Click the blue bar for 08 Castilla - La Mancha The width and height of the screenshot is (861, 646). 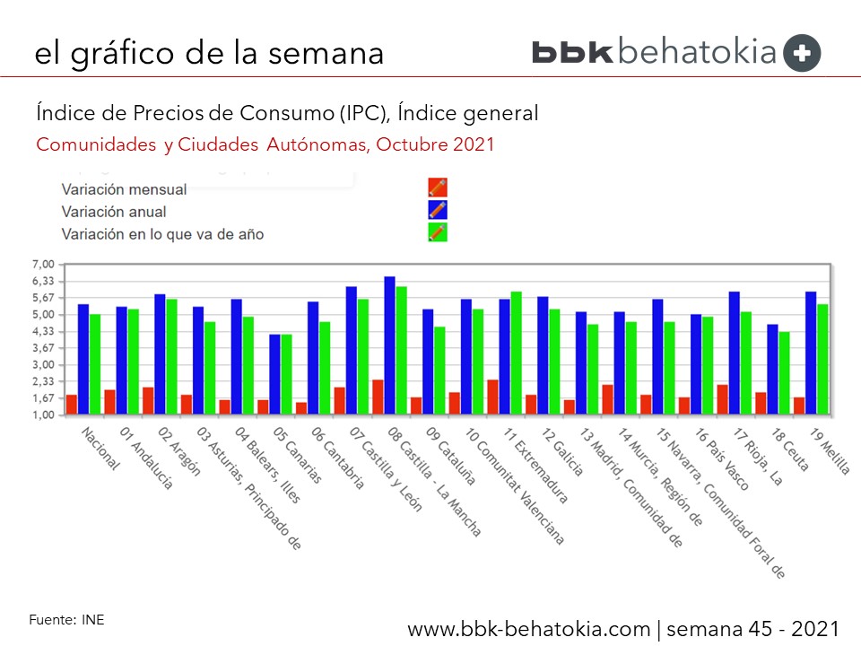point(390,345)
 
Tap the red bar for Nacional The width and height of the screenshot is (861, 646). point(72,405)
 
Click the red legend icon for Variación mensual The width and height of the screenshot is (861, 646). point(438,188)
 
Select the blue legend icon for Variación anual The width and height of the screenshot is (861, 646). point(438,211)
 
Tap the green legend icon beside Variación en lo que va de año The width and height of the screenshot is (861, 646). point(438,233)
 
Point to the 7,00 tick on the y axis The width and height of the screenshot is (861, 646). point(43,264)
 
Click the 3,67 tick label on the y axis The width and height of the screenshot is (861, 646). point(43,348)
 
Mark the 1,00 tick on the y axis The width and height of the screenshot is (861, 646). point(43,415)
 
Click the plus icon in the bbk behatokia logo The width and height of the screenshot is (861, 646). point(802,53)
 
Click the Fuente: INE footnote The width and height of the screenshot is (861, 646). point(66,619)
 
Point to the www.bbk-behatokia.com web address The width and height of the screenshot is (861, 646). point(530,627)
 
